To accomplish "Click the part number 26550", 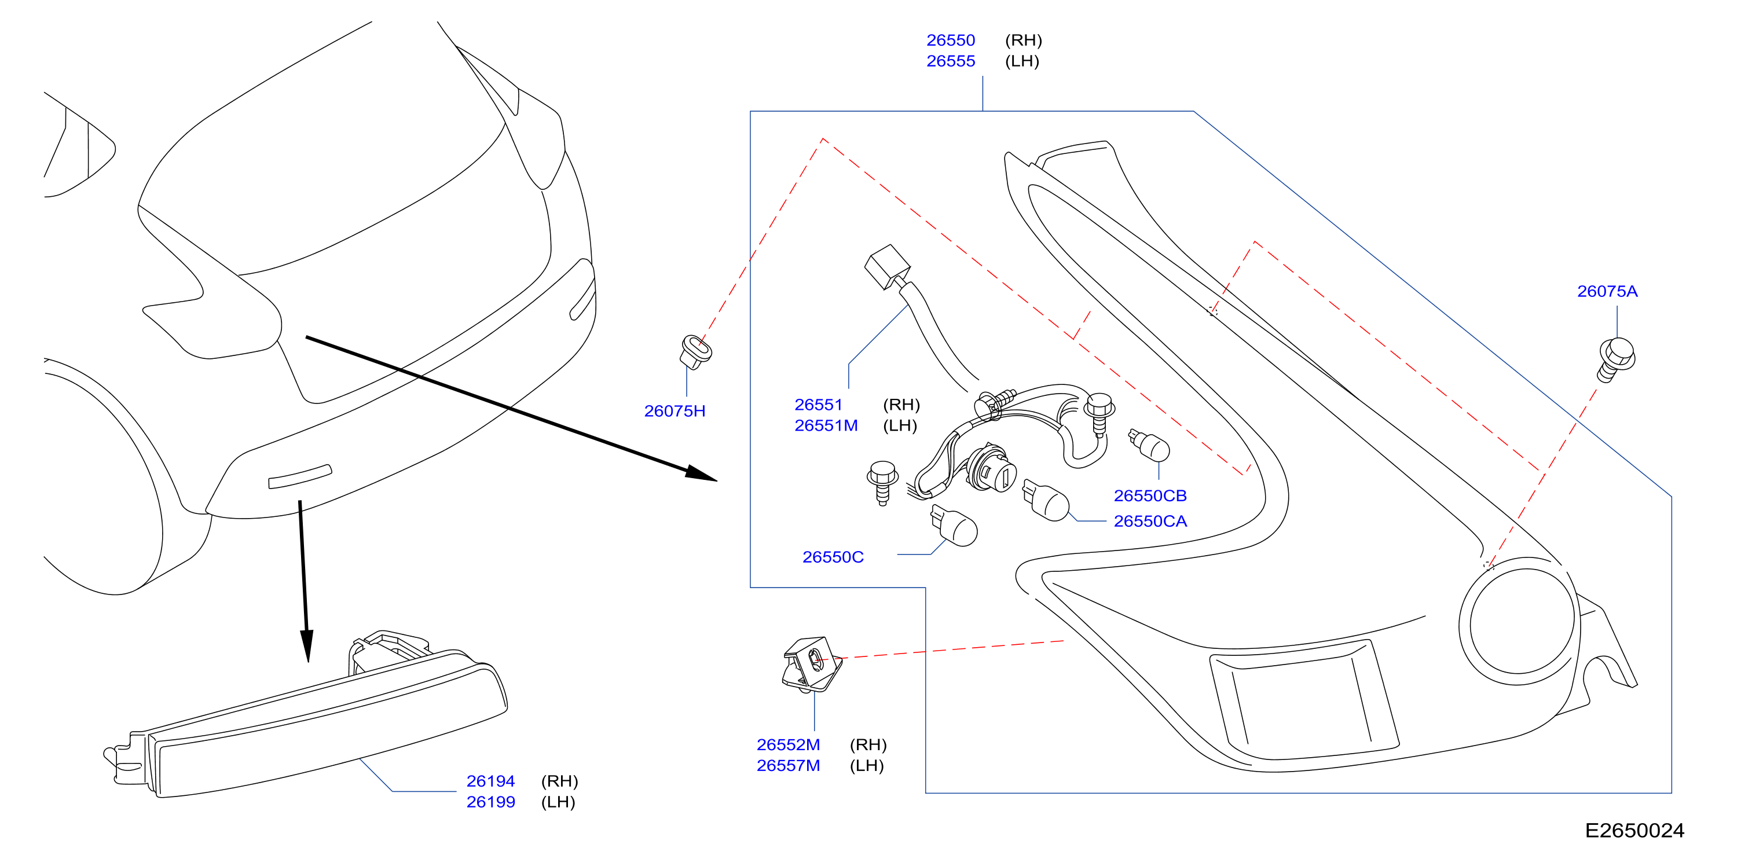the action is click(x=950, y=40).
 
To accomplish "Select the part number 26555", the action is click(x=950, y=61).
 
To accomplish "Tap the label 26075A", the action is click(x=1607, y=291).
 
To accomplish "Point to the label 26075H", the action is click(x=675, y=411).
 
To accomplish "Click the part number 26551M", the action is click(x=826, y=426).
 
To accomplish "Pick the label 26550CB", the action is click(x=1150, y=496).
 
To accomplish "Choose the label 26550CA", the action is click(x=1150, y=521).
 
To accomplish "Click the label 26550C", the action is click(x=833, y=557).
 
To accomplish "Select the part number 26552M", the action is click(x=788, y=745).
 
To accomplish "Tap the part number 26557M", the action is click(x=788, y=766).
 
